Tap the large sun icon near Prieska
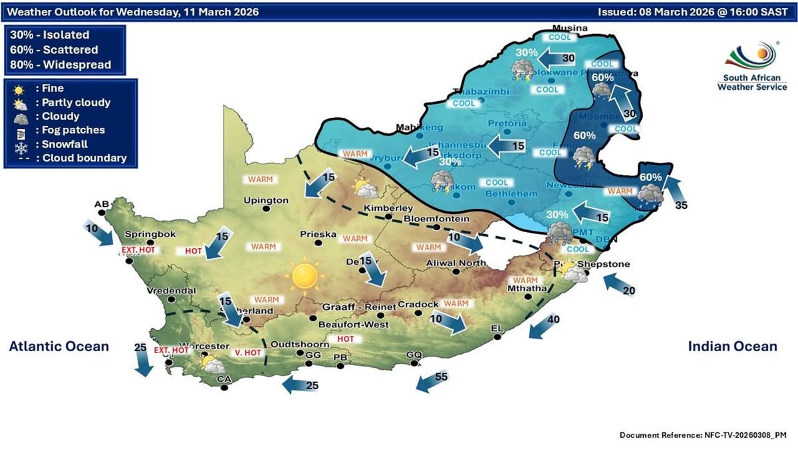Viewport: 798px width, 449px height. [305, 275]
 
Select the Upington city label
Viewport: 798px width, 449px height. [266, 200]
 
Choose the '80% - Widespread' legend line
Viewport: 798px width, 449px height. [61, 65]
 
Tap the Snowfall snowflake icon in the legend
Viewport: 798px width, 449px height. [21, 144]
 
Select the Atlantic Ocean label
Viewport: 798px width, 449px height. [59, 346]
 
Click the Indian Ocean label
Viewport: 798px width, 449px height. [732, 346]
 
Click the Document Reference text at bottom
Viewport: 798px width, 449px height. [703, 435]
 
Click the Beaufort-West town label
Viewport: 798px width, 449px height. [353, 324]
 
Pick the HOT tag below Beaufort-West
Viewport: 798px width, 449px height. [344, 339]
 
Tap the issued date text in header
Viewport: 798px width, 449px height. [692, 12]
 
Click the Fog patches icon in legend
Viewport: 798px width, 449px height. [21, 130]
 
